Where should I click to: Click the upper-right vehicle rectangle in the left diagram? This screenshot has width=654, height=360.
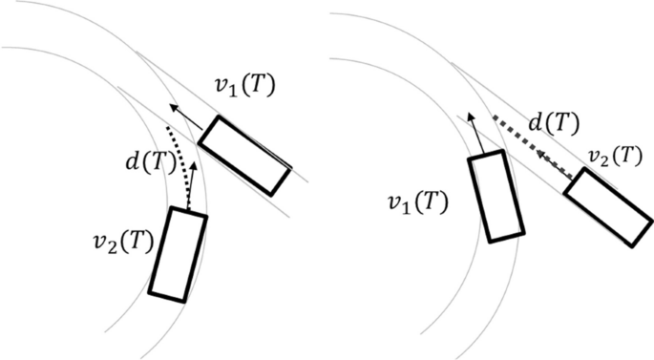coord(243,154)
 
